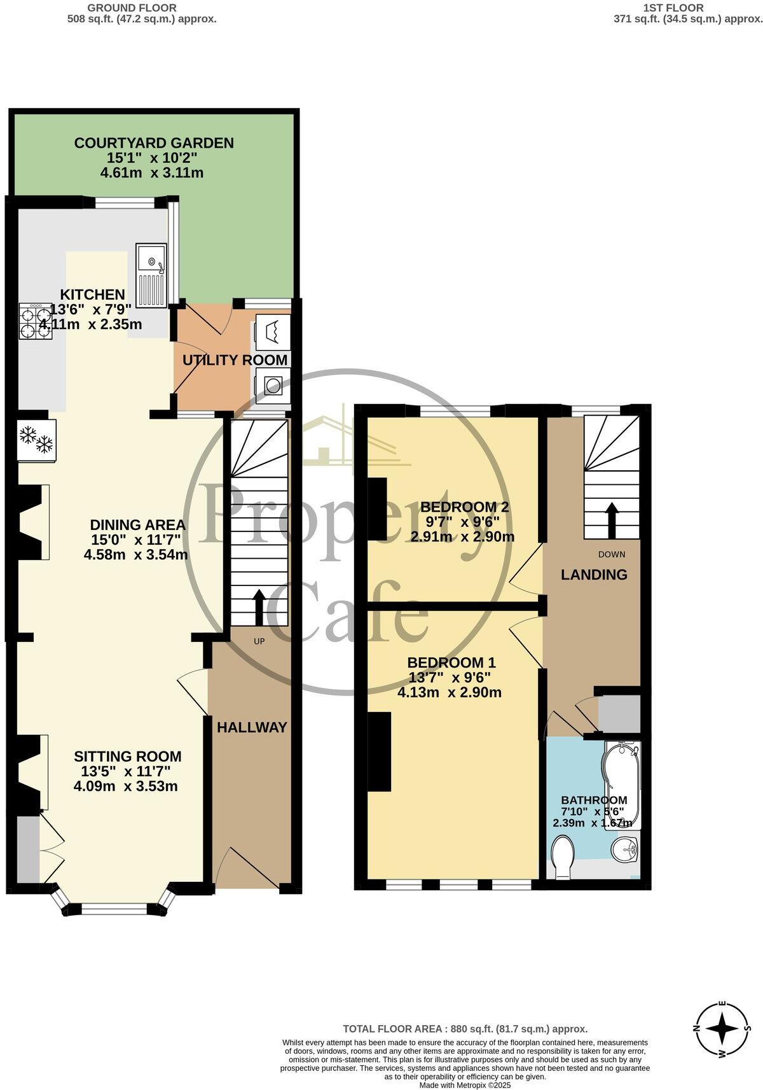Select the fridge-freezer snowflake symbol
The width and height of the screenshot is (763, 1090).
coord(37,440)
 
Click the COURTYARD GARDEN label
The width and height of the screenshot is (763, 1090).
coord(154,143)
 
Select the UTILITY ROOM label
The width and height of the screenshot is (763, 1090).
coord(235,360)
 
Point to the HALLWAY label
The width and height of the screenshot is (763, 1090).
coord(252,727)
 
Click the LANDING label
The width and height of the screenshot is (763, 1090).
coord(594,575)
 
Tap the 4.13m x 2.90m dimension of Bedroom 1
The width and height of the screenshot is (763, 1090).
coord(450,692)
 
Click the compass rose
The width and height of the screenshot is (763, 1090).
coord(722,1028)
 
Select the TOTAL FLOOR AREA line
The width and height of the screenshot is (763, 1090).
coord(465,1028)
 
